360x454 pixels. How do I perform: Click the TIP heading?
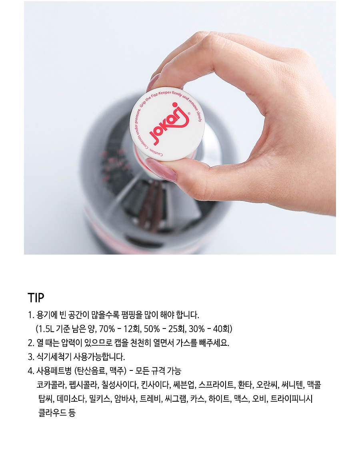click(x=36, y=298)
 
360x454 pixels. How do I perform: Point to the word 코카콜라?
click(x=51, y=385)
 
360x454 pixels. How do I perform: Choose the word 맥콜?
click(x=314, y=385)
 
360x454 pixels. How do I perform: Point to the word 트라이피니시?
click(x=292, y=399)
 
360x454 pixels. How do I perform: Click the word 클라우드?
click(x=52, y=412)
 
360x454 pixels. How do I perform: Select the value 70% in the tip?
click(x=107, y=329)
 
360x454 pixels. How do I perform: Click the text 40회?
click(x=222, y=329)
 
